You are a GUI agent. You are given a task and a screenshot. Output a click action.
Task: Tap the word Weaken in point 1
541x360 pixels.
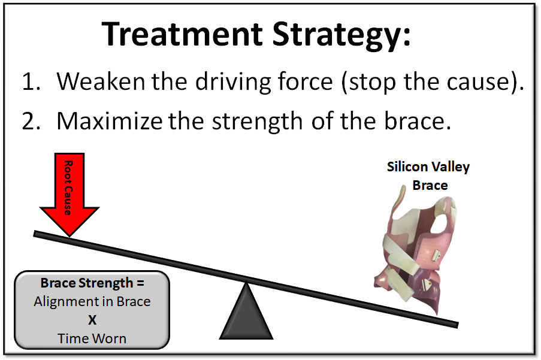101,81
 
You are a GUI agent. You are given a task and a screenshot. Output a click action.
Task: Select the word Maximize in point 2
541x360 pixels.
110,121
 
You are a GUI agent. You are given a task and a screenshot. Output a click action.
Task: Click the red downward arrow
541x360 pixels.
69,195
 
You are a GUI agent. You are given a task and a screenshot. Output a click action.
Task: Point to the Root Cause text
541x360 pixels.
69,188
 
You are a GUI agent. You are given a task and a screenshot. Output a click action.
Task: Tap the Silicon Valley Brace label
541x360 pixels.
428,176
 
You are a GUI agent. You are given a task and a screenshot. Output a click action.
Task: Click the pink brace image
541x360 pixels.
416,251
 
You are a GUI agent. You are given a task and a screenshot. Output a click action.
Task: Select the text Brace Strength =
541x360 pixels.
92,283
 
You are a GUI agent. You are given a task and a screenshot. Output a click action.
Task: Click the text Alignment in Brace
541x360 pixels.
92,301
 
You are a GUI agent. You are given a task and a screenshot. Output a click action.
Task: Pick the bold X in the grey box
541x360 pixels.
92,320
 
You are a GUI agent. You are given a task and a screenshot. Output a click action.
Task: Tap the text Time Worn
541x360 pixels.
92,338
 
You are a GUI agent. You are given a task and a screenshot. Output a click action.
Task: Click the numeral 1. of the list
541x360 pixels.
31,81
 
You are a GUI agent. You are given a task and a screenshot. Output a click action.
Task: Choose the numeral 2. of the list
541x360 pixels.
31,122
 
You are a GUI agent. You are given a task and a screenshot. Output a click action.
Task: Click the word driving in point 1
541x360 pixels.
233,83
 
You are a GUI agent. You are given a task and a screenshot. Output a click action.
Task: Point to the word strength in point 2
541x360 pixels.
257,122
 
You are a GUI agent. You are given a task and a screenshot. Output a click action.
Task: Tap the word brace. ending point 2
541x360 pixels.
418,121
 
